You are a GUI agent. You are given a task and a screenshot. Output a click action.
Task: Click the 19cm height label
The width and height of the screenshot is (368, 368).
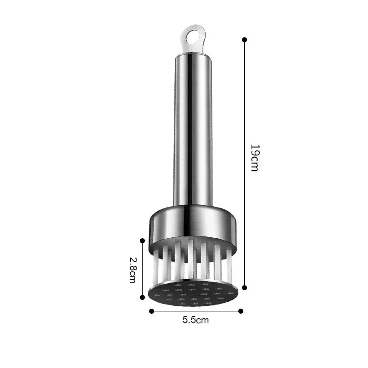coord(254,158)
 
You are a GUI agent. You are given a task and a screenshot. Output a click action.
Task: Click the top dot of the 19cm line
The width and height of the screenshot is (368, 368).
coord(244,40)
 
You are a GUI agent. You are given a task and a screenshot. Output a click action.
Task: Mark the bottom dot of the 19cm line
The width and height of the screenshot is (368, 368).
coord(244,287)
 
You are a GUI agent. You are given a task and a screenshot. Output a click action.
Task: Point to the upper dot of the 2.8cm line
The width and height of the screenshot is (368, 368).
coord(142,241)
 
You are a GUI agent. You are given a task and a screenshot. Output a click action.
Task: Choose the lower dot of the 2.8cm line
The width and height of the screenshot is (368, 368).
coord(142,297)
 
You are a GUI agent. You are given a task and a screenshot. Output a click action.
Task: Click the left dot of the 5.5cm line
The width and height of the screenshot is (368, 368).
coord(151,311)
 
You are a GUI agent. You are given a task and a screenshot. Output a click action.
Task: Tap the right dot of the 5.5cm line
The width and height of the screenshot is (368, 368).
coord(240,311)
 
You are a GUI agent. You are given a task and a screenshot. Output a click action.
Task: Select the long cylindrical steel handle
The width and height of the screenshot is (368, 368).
coord(193,129)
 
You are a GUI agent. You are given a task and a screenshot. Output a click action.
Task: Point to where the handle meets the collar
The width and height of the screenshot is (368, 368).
coord(193,206)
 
